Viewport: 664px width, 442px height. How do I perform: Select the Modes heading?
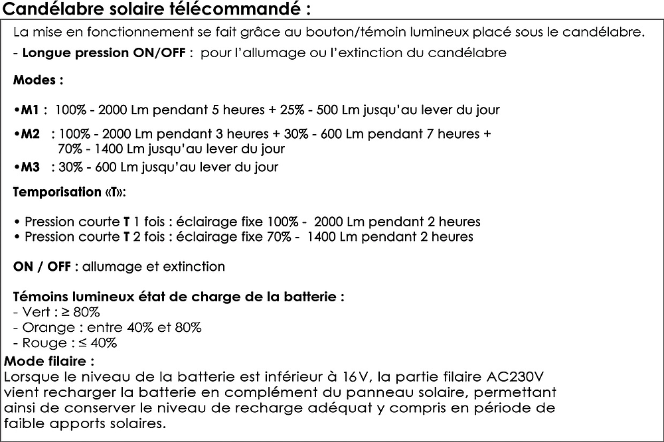39,81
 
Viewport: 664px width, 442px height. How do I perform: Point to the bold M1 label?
30,110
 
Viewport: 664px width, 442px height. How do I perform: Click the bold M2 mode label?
30,134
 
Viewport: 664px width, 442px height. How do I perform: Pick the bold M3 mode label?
30,167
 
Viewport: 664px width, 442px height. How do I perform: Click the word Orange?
44,327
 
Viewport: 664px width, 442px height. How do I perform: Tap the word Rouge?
41,343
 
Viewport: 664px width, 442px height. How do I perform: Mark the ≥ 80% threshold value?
85,311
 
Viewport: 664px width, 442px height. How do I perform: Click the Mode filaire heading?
49,362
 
